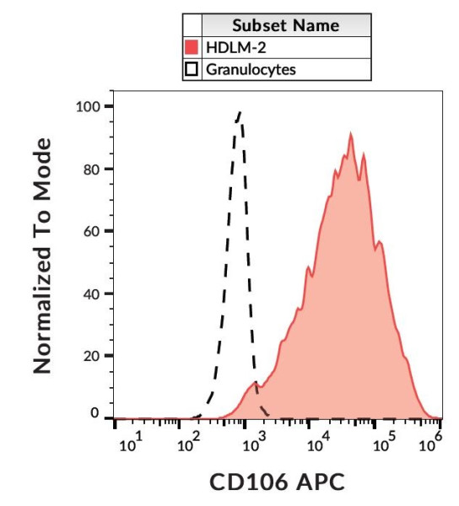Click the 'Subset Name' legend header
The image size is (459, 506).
tap(286, 25)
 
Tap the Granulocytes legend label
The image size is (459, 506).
tap(251, 69)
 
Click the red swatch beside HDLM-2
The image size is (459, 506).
tap(192, 47)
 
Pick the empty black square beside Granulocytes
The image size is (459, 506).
tap(192, 69)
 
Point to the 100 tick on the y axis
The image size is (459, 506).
tap(88, 107)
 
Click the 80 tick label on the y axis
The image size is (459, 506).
tap(91, 170)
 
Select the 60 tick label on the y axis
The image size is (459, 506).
tap(91, 232)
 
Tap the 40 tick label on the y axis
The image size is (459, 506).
tap(91, 294)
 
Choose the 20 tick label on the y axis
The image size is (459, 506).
tap(91, 356)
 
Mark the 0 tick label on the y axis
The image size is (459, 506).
tap(95, 415)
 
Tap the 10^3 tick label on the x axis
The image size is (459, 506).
tap(251, 443)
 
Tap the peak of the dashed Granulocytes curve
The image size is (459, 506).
tap(240, 112)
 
